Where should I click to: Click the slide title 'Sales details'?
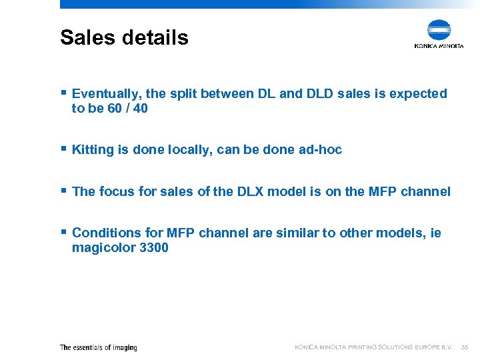point(124,37)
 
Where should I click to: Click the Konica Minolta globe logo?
point(439,31)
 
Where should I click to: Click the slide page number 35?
point(465,347)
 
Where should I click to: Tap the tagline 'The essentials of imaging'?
point(99,347)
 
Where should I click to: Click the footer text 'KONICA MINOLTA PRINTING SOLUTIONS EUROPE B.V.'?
point(373,347)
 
